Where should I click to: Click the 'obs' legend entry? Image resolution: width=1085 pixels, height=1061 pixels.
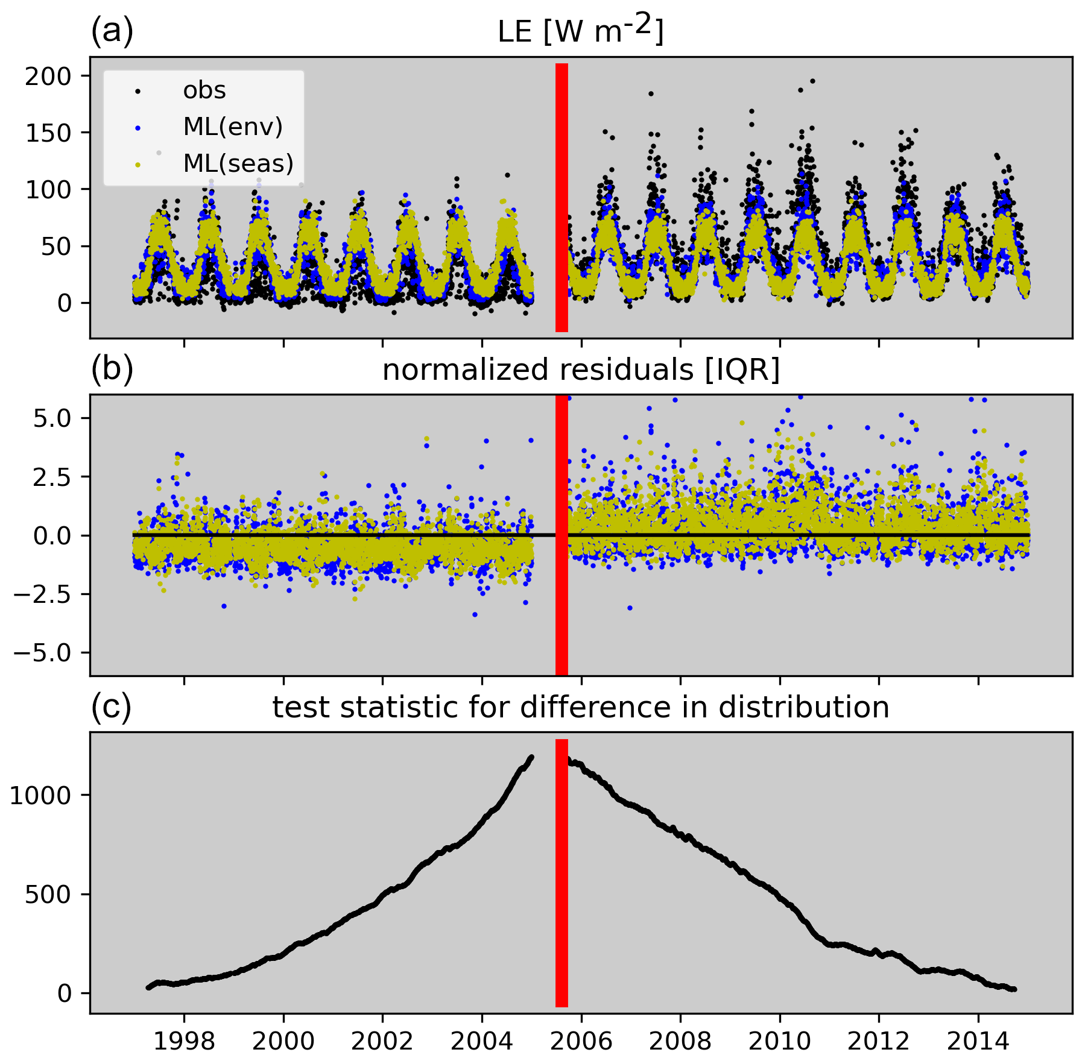coord(204,91)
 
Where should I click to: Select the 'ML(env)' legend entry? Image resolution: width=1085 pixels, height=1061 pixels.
coord(232,127)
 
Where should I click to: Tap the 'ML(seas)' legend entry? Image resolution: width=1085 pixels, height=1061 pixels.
coord(238,163)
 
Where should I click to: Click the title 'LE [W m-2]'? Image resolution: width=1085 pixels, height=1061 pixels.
coord(580,30)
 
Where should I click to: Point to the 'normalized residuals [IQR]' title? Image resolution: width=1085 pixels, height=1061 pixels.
coord(581,370)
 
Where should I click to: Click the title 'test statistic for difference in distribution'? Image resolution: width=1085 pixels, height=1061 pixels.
coord(581,707)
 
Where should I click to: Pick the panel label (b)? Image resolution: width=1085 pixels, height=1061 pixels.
coord(112,370)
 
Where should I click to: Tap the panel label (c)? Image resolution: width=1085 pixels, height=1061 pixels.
coord(111,707)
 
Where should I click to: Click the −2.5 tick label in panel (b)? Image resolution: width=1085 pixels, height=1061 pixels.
coord(46,594)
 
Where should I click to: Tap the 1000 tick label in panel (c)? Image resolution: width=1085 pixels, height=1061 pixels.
coord(40,796)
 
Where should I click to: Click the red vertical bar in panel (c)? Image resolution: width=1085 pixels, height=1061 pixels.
coord(561,874)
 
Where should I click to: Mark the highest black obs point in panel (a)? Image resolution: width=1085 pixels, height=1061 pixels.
coord(812,81)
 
